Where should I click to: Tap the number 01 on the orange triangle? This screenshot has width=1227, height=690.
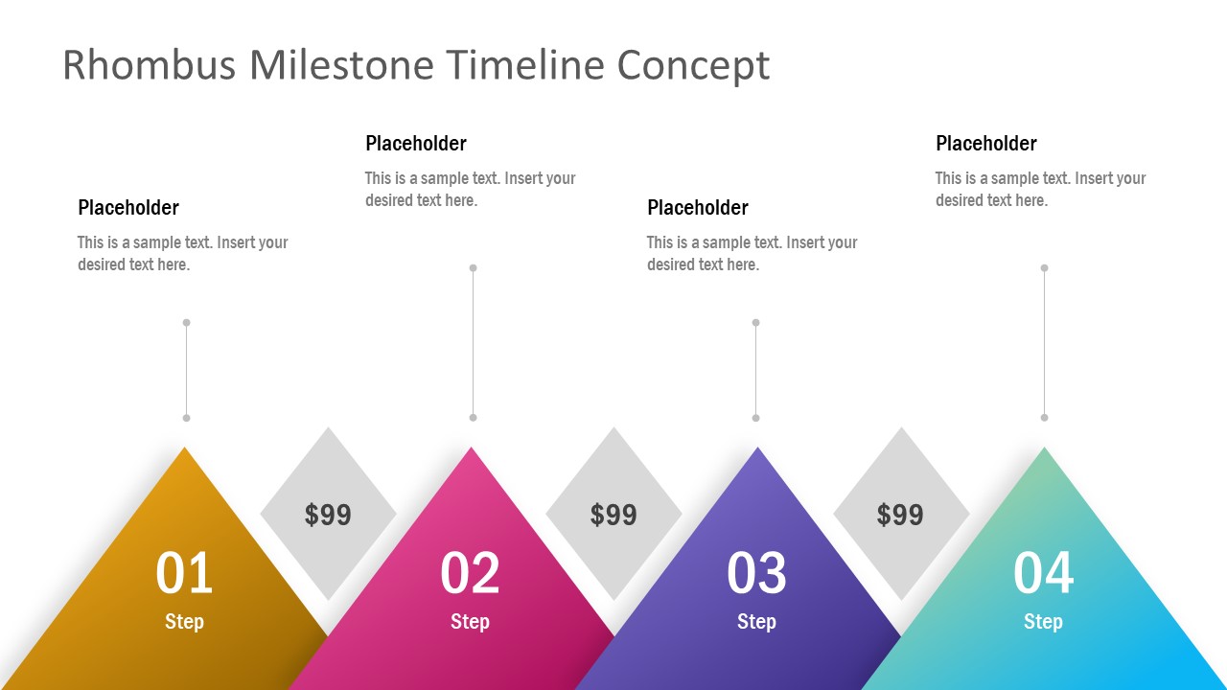184,573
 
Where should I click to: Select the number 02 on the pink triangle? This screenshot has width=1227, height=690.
470,573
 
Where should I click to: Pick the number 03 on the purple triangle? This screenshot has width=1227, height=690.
756,573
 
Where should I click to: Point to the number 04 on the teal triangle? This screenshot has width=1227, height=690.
1043,573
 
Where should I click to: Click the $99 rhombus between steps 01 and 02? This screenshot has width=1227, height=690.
328,515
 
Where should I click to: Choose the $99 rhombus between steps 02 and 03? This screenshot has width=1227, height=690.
613,515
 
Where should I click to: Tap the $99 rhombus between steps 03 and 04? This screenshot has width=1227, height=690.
900,515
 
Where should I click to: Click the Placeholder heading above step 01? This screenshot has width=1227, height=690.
128,208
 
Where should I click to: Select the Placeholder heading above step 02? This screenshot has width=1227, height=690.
416,144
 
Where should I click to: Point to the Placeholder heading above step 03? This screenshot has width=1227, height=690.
698,208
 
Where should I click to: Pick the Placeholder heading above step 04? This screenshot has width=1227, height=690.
986,144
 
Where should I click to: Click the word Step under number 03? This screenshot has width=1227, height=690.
756,622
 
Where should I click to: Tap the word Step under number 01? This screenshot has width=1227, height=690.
184,622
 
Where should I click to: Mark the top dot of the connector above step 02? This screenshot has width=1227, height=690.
473,268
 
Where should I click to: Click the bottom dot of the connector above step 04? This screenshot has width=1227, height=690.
1044,418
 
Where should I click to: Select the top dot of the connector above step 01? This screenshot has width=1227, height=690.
186,323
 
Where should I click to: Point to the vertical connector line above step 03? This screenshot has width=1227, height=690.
755,370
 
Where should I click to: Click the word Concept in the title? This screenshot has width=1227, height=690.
693,65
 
